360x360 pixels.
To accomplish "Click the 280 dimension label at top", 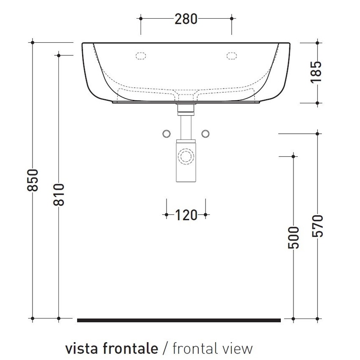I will tap(186, 19).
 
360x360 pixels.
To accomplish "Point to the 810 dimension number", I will tap(59, 194).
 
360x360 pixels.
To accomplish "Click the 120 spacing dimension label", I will tap(186, 215).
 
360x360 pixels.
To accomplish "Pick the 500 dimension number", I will tap(294, 237).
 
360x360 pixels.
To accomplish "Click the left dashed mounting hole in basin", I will tap(141, 55).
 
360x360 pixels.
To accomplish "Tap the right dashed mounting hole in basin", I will tap(232, 55).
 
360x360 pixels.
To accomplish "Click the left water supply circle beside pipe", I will tap(166, 133).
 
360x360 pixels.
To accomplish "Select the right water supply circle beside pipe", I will tap(206, 133).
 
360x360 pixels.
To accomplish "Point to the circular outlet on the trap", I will tap(186, 156).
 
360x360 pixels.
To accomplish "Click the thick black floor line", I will tap(179, 320).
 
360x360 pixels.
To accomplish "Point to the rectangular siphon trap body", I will tap(186, 163).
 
